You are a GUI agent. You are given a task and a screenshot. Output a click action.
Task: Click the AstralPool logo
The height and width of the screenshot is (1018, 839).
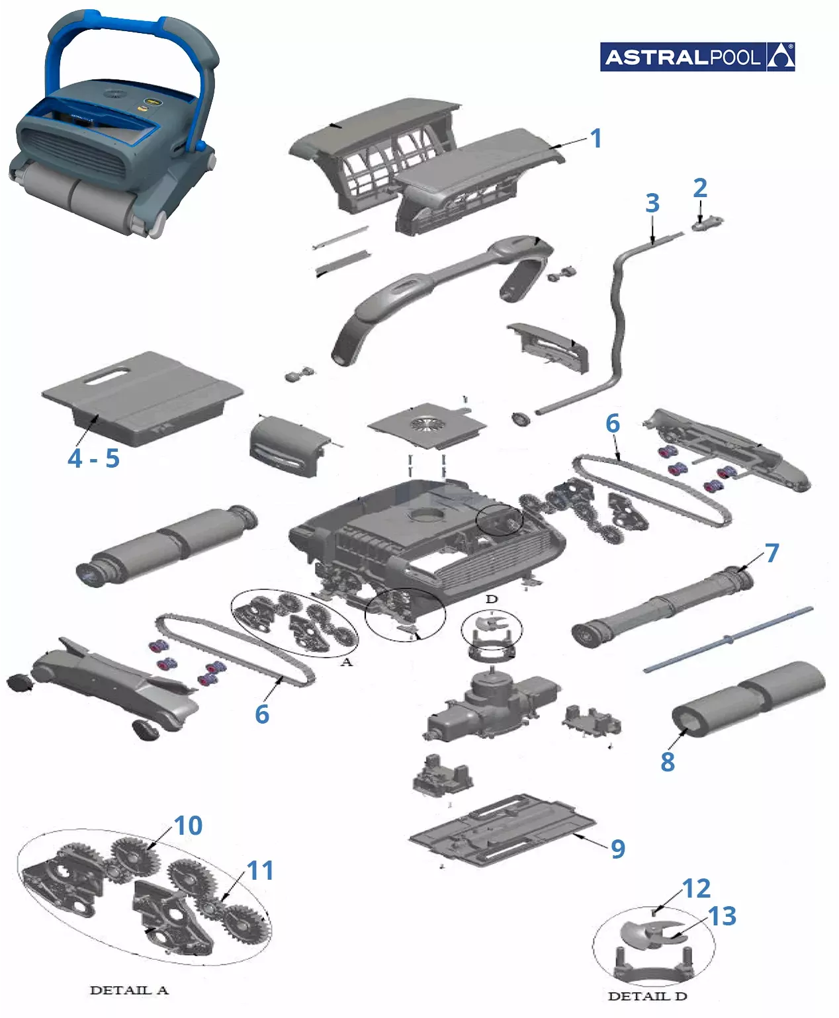pyautogui.click(x=697, y=57)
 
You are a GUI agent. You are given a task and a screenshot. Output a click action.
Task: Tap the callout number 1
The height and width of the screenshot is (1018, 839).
pyautogui.click(x=596, y=138)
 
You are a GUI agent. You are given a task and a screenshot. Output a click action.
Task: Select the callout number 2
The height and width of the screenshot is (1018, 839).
pyautogui.click(x=700, y=189)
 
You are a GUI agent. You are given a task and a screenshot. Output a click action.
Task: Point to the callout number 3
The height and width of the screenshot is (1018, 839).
pyautogui.click(x=652, y=203)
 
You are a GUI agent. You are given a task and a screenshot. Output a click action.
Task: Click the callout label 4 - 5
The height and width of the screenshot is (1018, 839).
pyautogui.click(x=94, y=459)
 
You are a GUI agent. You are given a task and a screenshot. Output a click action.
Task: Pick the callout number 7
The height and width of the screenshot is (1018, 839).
pyautogui.click(x=772, y=553)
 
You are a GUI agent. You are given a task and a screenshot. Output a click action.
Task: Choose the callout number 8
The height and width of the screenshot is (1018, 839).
pyautogui.click(x=668, y=761)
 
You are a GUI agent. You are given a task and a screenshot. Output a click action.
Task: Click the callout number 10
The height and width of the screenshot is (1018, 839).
pyautogui.click(x=188, y=826)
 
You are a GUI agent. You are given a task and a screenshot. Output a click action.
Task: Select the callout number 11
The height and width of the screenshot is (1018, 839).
pyautogui.click(x=260, y=870)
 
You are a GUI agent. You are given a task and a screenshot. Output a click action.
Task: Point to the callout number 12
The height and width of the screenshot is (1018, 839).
pyautogui.click(x=696, y=888)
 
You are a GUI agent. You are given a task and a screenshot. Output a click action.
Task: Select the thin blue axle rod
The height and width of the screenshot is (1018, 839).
pyautogui.click(x=729, y=640)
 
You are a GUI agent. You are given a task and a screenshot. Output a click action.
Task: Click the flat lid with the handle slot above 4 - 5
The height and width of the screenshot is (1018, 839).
pyautogui.click(x=142, y=398)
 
